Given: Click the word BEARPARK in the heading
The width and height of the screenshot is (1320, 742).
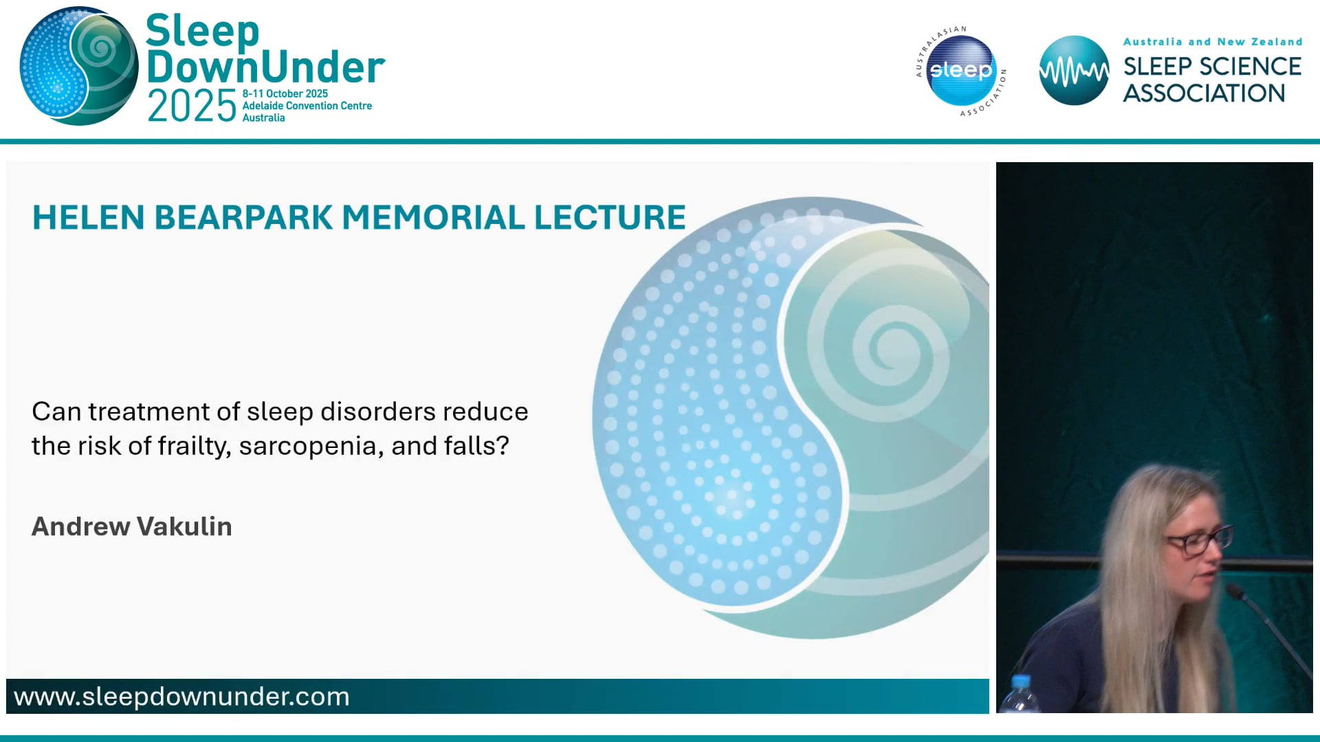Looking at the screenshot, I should [x=243, y=218].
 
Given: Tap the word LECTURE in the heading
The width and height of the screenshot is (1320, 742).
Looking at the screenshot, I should [x=610, y=218].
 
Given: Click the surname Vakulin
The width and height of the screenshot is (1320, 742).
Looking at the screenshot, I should [x=184, y=526].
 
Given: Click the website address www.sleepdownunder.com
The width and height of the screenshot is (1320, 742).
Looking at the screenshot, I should [x=181, y=697].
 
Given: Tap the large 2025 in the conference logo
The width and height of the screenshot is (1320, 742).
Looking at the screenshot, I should [x=192, y=106].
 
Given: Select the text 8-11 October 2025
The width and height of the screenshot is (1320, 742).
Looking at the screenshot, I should [x=285, y=93].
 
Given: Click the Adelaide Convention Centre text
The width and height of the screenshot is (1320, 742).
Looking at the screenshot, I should [x=307, y=106].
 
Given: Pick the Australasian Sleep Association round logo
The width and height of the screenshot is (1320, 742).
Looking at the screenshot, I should [x=960, y=71].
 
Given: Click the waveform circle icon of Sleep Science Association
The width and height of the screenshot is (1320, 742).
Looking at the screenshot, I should [x=1073, y=71].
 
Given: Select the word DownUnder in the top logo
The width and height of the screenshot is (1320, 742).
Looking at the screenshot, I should [x=265, y=67].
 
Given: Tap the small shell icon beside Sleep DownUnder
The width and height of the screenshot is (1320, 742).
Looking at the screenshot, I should [x=78, y=67].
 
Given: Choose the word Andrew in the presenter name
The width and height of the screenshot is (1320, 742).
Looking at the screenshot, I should [x=80, y=526].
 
